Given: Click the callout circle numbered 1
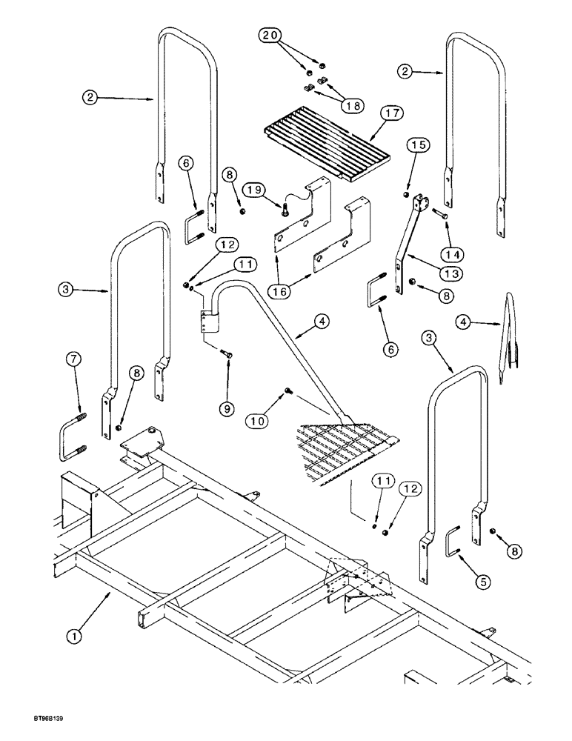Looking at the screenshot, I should point(78,636).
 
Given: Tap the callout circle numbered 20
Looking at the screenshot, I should point(272,36).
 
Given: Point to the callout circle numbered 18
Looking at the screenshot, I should point(352,105).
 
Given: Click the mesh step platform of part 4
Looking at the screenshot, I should point(348,448).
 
